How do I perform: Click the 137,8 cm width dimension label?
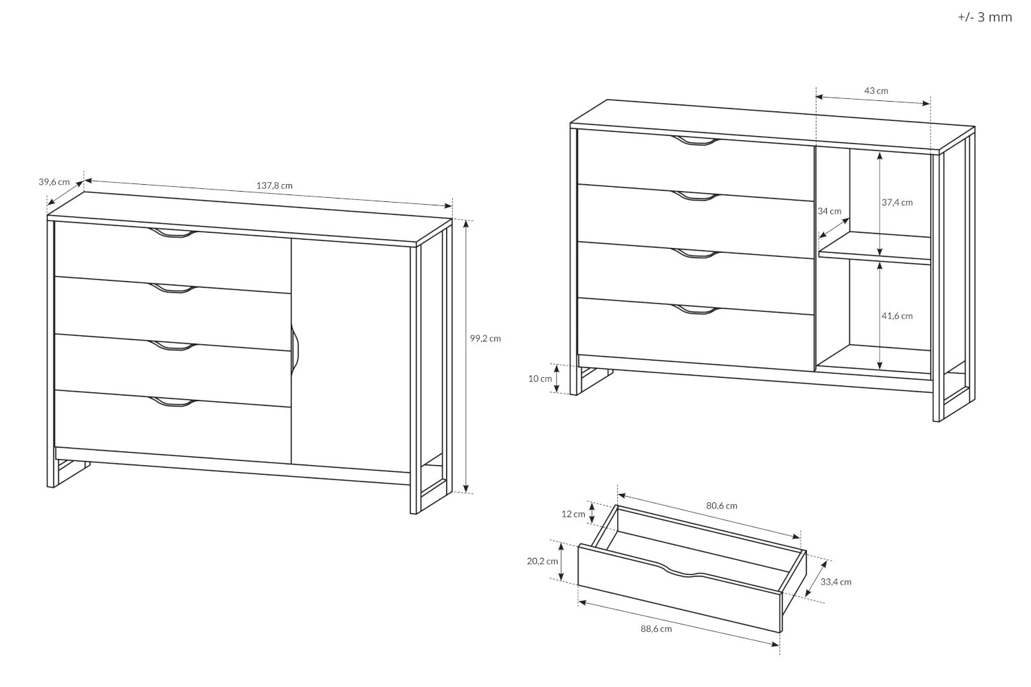pos(274,186)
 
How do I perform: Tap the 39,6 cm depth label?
pos(54,182)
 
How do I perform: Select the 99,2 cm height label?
pos(485,338)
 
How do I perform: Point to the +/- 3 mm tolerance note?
pos(984,17)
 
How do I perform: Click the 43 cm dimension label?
pos(876,91)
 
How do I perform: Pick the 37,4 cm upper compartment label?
pos(897,203)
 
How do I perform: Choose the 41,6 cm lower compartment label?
pos(897,316)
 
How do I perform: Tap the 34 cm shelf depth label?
pos(830,211)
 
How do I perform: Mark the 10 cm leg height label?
pos(540,379)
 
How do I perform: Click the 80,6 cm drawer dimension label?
pos(722,506)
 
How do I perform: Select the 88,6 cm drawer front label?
pos(656,629)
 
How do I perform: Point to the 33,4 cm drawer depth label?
pos(836,582)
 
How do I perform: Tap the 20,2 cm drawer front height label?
pos(542,561)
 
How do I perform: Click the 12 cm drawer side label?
pos(573,514)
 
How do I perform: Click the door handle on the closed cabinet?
pos(295,348)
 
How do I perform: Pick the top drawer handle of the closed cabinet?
pos(173,234)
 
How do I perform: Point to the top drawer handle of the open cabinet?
pos(694,141)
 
